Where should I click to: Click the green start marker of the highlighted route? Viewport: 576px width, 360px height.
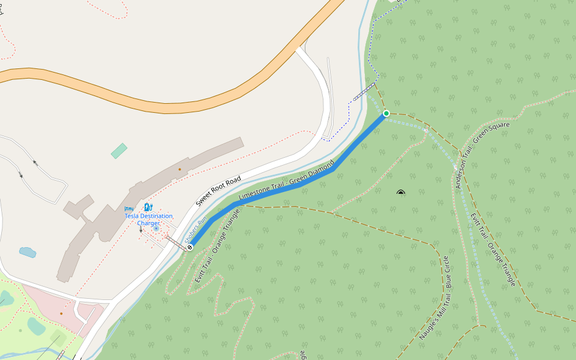[x=386, y=113]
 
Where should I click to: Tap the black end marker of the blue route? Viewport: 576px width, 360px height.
[x=190, y=247]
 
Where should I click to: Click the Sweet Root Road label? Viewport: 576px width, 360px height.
[x=218, y=191]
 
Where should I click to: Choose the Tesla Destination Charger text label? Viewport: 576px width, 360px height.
[x=148, y=220]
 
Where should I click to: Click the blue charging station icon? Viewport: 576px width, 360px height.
[x=148, y=208]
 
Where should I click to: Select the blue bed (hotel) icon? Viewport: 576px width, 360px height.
[x=128, y=209]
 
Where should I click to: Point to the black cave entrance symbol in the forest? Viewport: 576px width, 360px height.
[x=401, y=193]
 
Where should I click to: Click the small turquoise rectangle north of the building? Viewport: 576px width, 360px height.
[x=119, y=151]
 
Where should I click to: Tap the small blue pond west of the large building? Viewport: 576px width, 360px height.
[x=28, y=252]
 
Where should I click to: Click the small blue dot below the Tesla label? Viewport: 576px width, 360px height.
[x=156, y=229]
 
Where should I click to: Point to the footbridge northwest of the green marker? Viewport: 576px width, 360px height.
[x=365, y=92]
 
